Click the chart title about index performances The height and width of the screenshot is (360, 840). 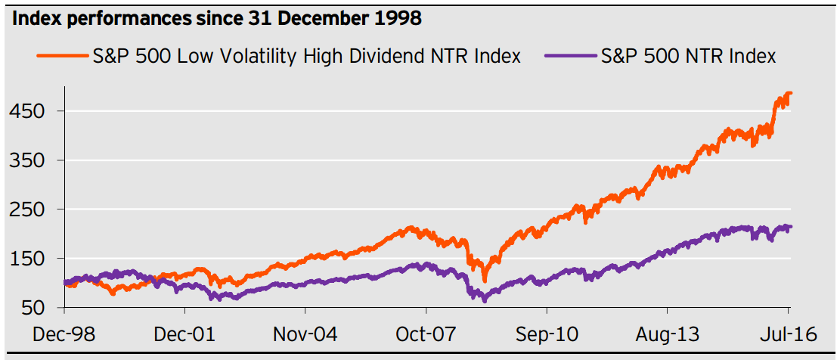point(215,19)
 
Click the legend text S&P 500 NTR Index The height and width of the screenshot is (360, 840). point(688,56)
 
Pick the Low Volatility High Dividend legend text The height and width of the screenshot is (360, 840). point(305,56)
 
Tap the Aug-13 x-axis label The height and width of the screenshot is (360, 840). point(668,334)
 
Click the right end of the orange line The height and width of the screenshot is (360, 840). point(791,93)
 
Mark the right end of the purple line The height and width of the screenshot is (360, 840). point(791,226)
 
